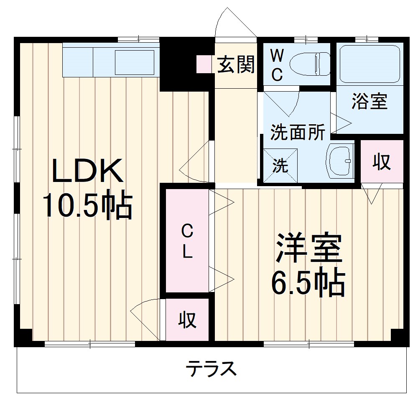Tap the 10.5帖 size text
click(87, 205)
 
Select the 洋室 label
click(309, 248)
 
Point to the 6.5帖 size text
click(308, 283)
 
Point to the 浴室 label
click(370, 102)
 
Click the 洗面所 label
click(298, 133)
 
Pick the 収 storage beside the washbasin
click(382, 162)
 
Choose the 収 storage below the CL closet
click(187, 320)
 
